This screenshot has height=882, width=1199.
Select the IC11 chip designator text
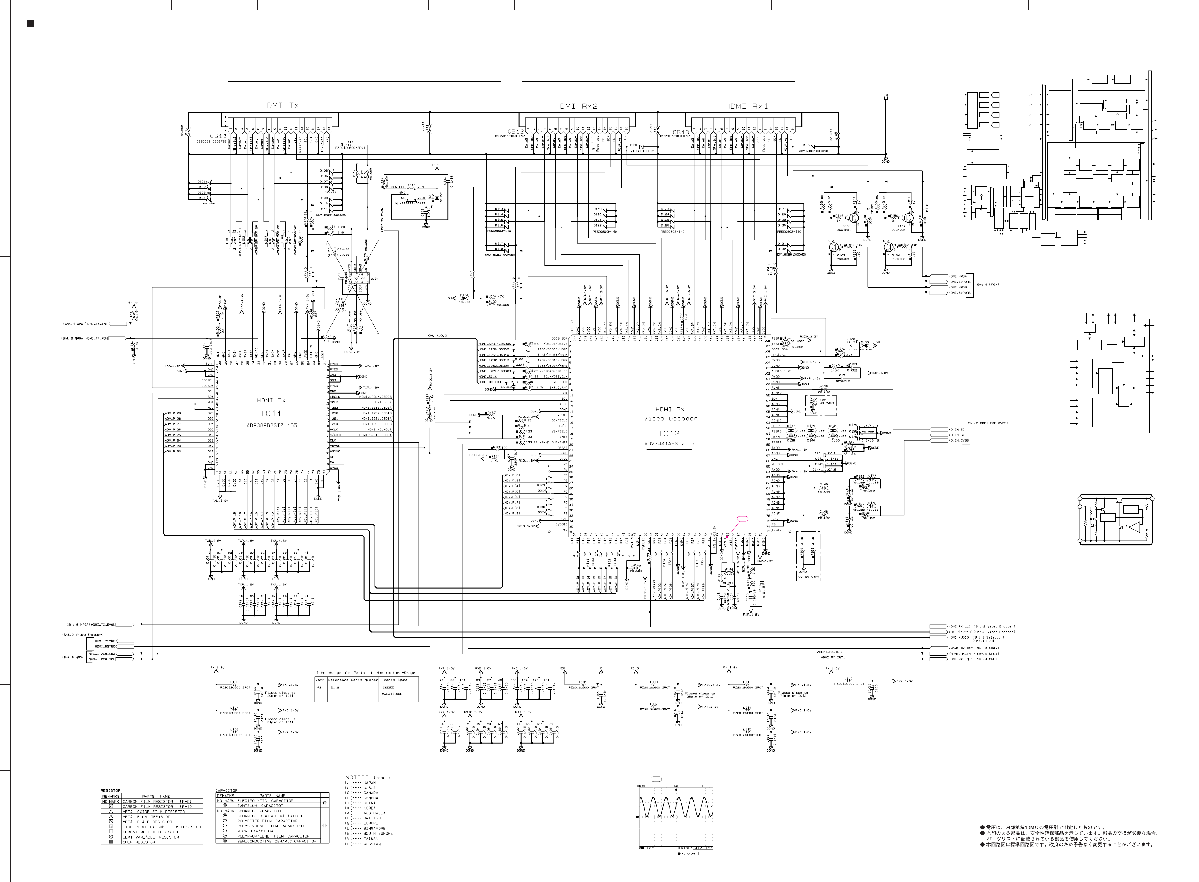click(x=270, y=413)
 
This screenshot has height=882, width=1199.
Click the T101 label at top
click(x=885, y=95)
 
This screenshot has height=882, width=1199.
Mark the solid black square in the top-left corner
click(x=31, y=24)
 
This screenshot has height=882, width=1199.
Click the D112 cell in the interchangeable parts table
click(x=335, y=688)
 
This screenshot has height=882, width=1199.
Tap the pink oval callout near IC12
click(x=742, y=518)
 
